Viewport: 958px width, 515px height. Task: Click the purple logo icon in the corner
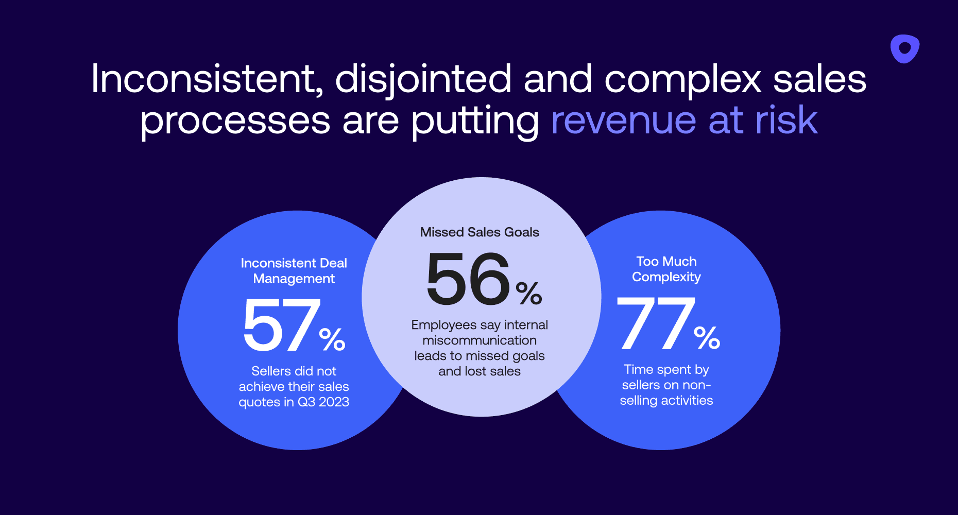[x=904, y=49]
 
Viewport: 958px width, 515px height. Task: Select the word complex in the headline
[x=682, y=80]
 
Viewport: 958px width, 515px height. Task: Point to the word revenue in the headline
[x=623, y=121]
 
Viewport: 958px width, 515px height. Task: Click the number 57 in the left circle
[x=281, y=325]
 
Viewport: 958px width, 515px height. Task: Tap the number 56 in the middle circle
[x=468, y=279]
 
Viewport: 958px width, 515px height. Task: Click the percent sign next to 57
[x=332, y=339]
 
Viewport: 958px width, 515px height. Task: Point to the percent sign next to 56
[x=529, y=293]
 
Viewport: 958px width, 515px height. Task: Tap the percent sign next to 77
[x=707, y=338]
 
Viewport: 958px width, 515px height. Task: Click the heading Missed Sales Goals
[x=480, y=232]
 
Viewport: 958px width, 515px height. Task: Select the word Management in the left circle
[x=294, y=279]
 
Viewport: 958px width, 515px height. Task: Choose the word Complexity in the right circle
[x=666, y=277]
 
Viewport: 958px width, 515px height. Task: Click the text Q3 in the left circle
[x=306, y=402]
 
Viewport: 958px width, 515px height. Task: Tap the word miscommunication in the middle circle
[x=480, y=340]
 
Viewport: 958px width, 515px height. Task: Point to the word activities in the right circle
[x=687, y=401]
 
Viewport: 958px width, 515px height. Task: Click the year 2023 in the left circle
[x=334, y=402]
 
